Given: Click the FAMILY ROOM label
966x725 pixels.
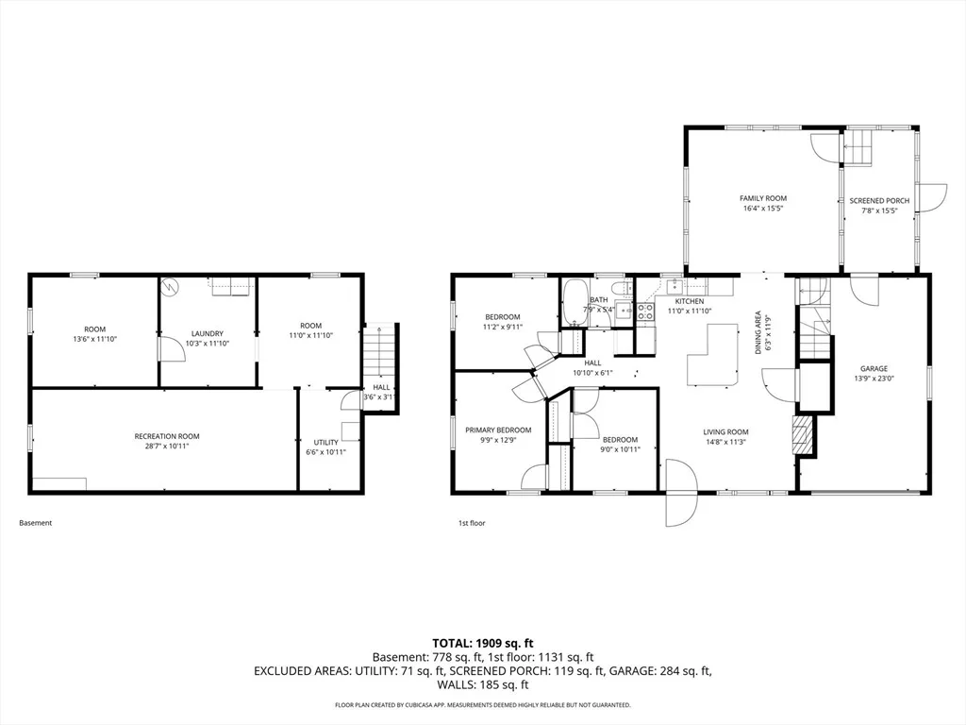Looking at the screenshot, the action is point(762,198).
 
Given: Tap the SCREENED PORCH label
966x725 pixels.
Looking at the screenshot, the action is point(879,201).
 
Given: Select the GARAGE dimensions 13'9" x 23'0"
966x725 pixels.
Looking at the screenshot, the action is point(874,379).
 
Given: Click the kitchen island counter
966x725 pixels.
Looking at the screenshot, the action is point(713,355).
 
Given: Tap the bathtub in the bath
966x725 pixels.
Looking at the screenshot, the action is point(575,303).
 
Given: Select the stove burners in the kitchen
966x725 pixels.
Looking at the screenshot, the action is point(645,312).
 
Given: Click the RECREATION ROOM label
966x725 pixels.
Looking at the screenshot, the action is point(167,436).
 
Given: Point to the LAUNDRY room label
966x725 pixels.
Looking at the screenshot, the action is point(207,333).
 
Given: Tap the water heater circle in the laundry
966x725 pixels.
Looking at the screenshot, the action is point(170,286).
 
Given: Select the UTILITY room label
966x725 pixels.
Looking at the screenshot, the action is point(325,442).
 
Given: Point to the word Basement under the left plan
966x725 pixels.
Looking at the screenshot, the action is point(36,523).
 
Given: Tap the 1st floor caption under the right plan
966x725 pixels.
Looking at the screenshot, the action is point(472,523).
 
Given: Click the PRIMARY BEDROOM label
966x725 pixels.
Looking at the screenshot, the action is point(498,430).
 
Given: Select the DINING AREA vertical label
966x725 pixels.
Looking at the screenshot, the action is point(758,332).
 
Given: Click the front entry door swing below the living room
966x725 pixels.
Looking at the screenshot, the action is point(681,492).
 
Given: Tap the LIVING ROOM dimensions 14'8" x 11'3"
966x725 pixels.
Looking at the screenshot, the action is point(725,442).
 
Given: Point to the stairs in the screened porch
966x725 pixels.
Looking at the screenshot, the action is point(858,147).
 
